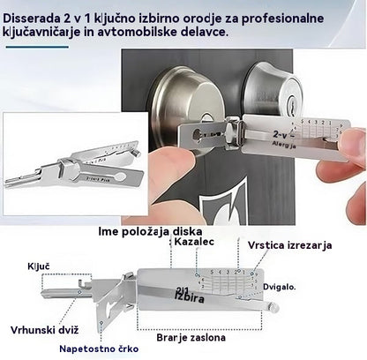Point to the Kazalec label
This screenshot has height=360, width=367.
[x=194, y=243]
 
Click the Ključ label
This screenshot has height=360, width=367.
[x=38, y=265]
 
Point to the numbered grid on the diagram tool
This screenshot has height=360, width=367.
[x=224, y=281]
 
